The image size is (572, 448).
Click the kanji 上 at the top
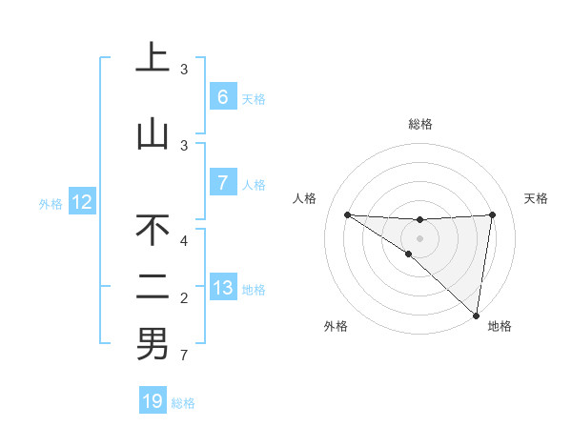pyautogui.click(x=153, y=59)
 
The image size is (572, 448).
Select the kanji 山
pyautogui.click(x=153, y=134)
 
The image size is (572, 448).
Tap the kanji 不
pyautogui.click(x=153, y=231)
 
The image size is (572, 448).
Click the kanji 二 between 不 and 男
pyautogui.click(x=153, y=287)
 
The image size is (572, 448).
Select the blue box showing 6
pyautogui.click(x=222, y=97)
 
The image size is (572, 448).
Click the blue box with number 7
pyautogui.click(x=222, y=182)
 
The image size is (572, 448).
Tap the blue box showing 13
pyautogui.click(x=222, y=288)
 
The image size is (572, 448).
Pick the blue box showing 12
pyautogui.click(x=82, y=202)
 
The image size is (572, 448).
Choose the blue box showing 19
pyautogui.click(x=153, y=401)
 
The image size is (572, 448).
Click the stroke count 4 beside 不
pyautogui.click(x=185, y=241)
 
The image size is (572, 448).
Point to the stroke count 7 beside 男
pyautogui.click(x=185, y=356)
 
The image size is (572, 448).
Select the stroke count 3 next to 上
pyautogui.click(x=184, y=70)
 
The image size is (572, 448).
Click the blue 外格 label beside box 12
pyautogui.click(x=50, y=203)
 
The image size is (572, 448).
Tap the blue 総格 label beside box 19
pyautogui.click(x=183, y=403)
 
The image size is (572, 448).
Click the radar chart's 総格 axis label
pyautogui.click(x=419, y=124)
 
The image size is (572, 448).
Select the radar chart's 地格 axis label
pyautogui.click(x=500, y=327)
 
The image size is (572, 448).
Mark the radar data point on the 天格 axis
pyautogui.click(x=492, y=214)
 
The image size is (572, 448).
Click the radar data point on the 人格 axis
pyautogui.click(x=347, y=214)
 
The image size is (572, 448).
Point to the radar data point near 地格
pyautogui.click(x=477, y=315)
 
